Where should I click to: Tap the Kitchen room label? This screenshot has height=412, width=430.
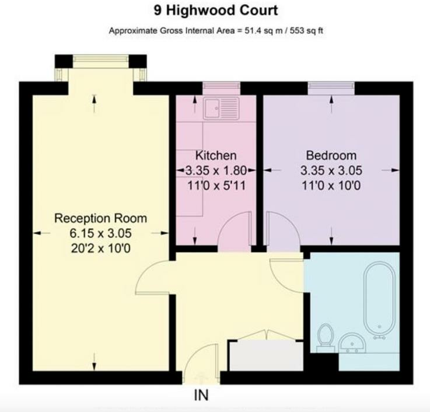pos(216,156)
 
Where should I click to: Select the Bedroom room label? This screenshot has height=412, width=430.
pos(331,156)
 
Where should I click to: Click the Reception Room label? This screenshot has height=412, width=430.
pos(100,218)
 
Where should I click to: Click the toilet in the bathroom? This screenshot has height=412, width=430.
pos(325,338)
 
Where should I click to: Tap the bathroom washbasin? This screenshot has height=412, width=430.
pos(352,343)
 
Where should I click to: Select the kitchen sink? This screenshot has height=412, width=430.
pos(221,107)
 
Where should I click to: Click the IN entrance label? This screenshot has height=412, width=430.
pos(201,396)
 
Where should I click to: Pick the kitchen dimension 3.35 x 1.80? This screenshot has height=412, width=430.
pos(216,170)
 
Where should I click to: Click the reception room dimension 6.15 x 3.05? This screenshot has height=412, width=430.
pos(100,233)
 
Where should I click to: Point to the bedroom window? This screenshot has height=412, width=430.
pos(331,87)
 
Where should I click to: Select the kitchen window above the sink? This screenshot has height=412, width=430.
pos(221,87)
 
